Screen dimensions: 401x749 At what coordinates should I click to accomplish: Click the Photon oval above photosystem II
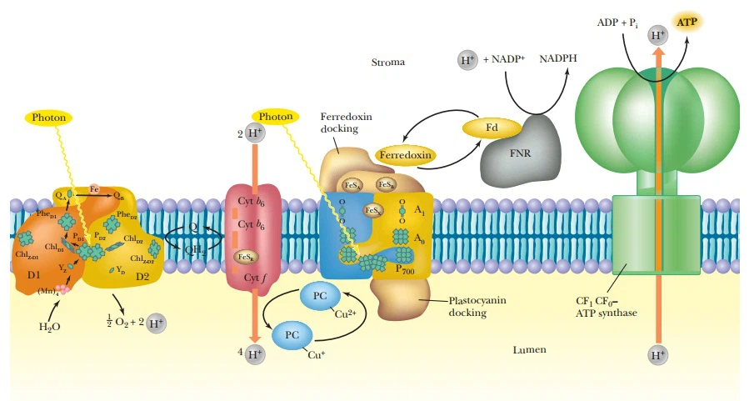click(49, 118)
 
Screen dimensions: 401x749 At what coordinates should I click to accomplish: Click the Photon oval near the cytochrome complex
click(276, 117)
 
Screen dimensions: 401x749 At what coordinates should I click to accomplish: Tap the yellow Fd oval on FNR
click(492, 128)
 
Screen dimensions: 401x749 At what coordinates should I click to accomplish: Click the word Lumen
click(529, 349)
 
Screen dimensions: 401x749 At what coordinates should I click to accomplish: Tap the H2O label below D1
click(50, 327)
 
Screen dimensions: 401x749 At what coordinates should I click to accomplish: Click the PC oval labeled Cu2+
click(319, 297)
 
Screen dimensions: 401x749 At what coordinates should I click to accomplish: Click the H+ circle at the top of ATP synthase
click(658, 35)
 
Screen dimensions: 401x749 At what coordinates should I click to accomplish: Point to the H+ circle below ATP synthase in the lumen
click(658, 356)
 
